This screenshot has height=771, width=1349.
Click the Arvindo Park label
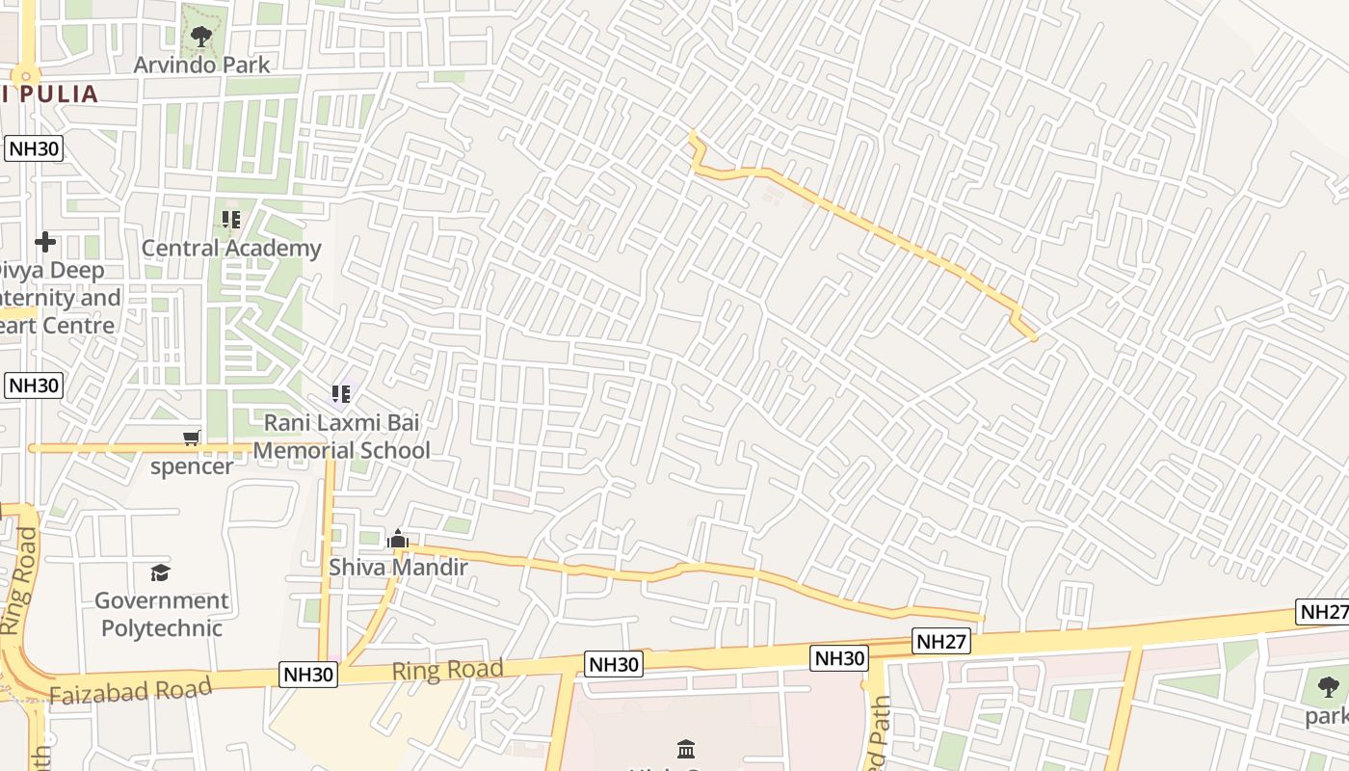(x=201, y=65)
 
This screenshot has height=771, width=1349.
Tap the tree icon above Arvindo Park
(x=200, y=37)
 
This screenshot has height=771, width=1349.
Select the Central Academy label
(x=231, y=248)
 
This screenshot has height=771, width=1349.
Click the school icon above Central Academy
(x=231, y=220)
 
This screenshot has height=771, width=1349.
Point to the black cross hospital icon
(x=44, y=242)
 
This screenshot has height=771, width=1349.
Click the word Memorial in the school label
(x=301, y=450)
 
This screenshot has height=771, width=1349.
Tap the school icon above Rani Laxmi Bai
(x=340, y=393)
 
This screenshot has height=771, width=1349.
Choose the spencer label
(x=191, y=466)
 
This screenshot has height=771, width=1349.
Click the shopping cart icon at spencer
(x=192, y=439)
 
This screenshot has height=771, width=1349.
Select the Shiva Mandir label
(x=398, y=567)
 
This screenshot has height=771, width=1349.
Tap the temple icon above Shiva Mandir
(x=398, y=540)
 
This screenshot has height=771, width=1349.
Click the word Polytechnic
(x=162, y=628)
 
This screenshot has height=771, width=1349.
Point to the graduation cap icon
(x=160, y=572)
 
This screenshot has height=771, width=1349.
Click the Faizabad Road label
(x=130, y=691)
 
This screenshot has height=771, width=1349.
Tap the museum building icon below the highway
(x=685, y=749)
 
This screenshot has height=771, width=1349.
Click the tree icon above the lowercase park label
(x=1329, y=687)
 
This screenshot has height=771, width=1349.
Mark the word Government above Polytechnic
(x=162, y=600)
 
